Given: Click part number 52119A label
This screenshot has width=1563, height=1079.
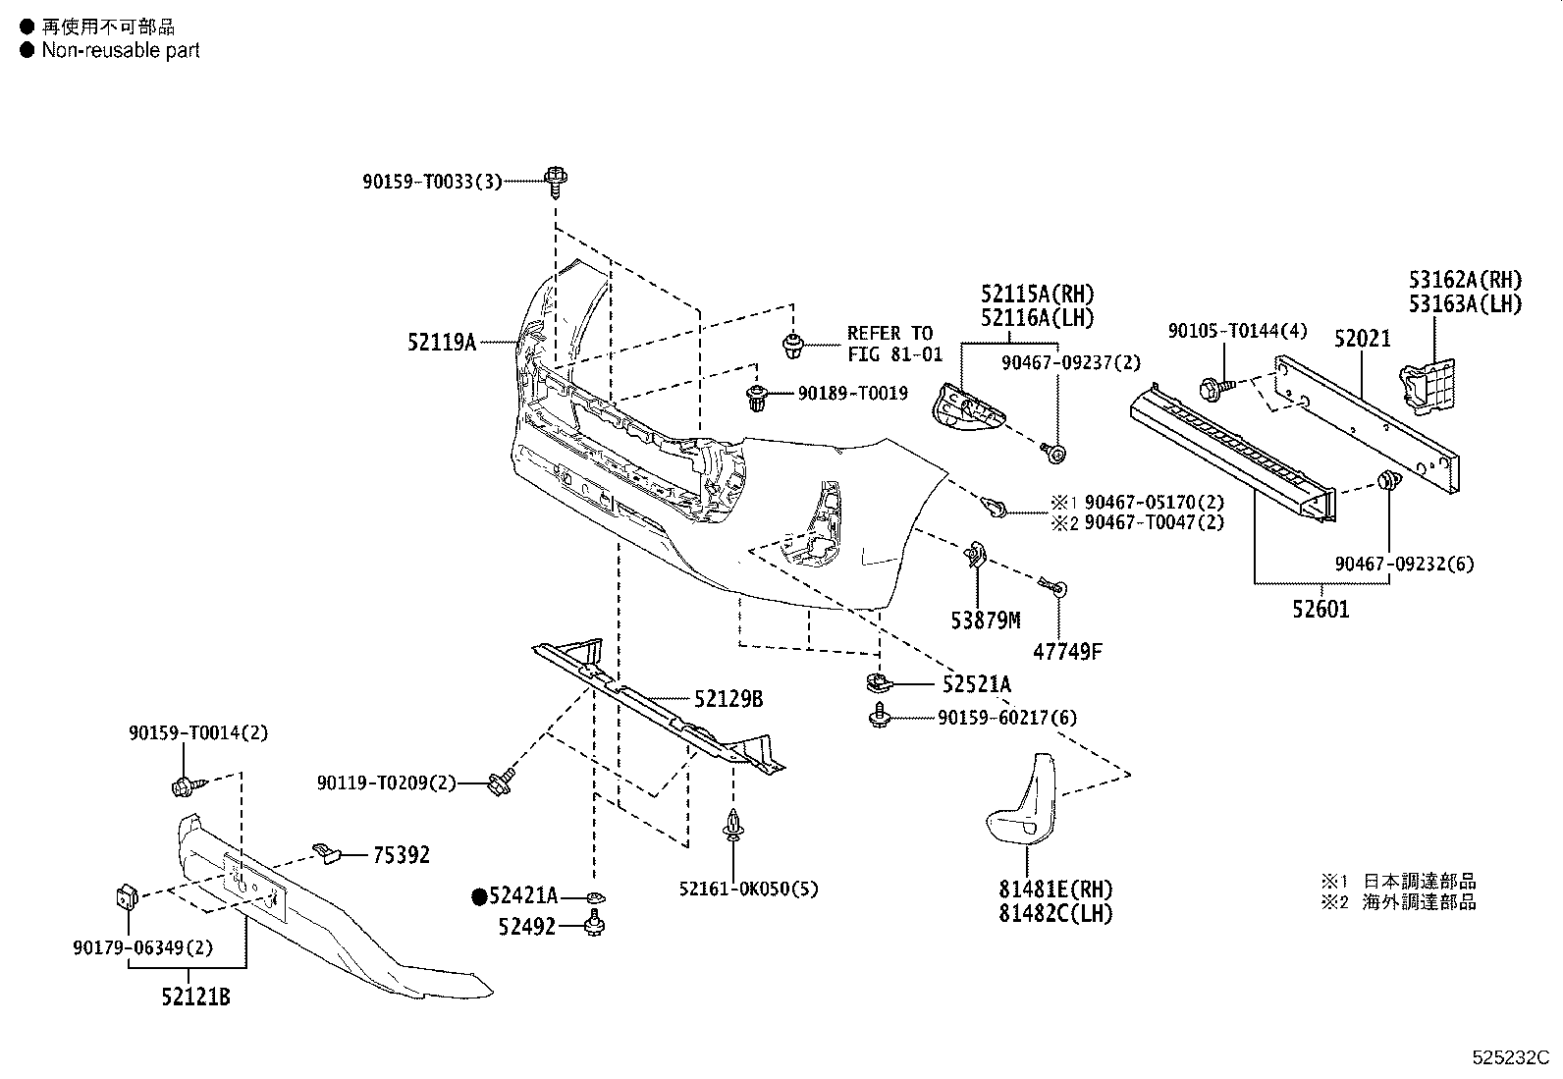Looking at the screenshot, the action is pos(441,342).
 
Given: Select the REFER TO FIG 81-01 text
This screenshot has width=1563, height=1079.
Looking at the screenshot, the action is pos(894,344).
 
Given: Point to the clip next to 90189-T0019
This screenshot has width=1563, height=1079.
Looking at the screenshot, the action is pos(757,397).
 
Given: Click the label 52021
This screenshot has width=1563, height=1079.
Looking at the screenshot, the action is pos(1362,339).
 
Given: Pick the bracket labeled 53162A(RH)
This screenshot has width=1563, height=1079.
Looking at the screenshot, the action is pos(1428,385).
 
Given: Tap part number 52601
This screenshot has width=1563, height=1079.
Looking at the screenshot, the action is pos(1320,610).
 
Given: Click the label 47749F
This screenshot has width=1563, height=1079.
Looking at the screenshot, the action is pos(1067,652).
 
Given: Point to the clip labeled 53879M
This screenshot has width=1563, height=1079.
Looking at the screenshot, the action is pos(975,555).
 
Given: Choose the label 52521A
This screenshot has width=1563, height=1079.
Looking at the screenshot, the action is pos(976,684).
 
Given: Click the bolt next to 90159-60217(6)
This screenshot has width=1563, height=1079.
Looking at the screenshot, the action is pos(880,716).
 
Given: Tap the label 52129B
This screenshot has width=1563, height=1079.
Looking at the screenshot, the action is pos(728,699).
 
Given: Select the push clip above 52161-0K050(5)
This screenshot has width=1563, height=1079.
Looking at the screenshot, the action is pos(732,825).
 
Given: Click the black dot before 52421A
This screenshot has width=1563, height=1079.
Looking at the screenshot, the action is pos(479,896).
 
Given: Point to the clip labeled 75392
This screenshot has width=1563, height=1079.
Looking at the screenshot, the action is pos(325,852).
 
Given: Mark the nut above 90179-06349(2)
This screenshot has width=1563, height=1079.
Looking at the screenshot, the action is pos(127,896).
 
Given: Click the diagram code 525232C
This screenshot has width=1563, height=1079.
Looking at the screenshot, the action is pos(1511,1057).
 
